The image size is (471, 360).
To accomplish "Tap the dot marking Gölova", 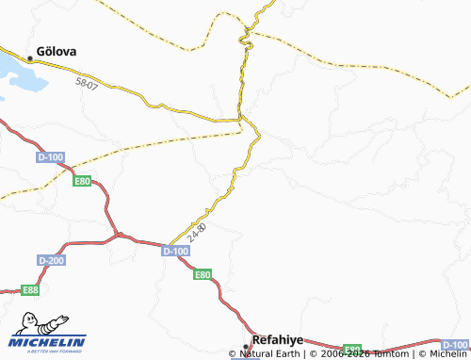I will click(x=30, y=58).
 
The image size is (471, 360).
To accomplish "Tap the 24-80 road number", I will click(x=197, y=231).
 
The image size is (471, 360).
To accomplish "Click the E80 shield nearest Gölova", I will click(x=83, y=181).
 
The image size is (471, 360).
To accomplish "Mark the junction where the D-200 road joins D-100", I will click(x=117, y=235).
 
